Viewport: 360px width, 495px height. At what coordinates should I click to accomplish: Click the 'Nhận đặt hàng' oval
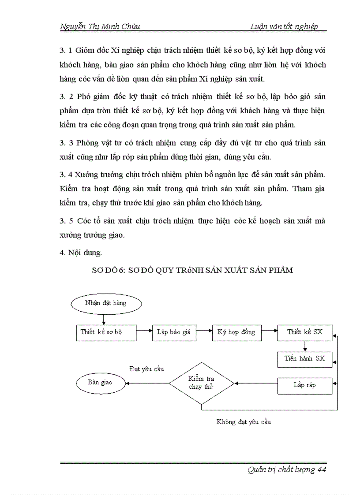(x=105, y=303)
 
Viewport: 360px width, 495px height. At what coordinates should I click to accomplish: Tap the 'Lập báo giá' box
(x=174, y=332)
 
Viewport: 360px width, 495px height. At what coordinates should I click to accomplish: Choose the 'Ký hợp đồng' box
(x=236, y=332)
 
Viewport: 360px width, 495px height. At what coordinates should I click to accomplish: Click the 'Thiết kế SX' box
(x=305, y=332)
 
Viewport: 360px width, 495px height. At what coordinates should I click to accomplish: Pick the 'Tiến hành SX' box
(x=305, y=359)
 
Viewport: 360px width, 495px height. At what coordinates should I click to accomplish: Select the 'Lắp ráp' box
(x=305, y=385)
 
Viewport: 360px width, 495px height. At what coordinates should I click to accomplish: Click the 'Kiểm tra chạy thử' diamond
(x=202, y=383)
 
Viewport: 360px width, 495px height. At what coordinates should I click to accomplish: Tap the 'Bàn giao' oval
(x=100, y=383)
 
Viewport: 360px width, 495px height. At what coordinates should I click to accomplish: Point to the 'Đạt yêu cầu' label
(x=146, y=368)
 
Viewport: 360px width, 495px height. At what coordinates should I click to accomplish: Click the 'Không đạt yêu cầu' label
(x=244, y=422)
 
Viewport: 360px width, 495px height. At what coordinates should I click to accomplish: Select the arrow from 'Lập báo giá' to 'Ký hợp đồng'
(x=204, y=329)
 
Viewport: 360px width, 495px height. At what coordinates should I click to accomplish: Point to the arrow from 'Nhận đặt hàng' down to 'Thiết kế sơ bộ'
(x=103, y=319)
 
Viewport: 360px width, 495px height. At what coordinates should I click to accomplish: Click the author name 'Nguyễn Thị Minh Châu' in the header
(x=100, y=26)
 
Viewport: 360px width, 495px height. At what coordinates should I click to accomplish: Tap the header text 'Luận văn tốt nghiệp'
(x=284, y=26)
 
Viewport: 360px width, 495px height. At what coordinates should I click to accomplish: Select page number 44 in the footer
(x=321, y=469)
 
